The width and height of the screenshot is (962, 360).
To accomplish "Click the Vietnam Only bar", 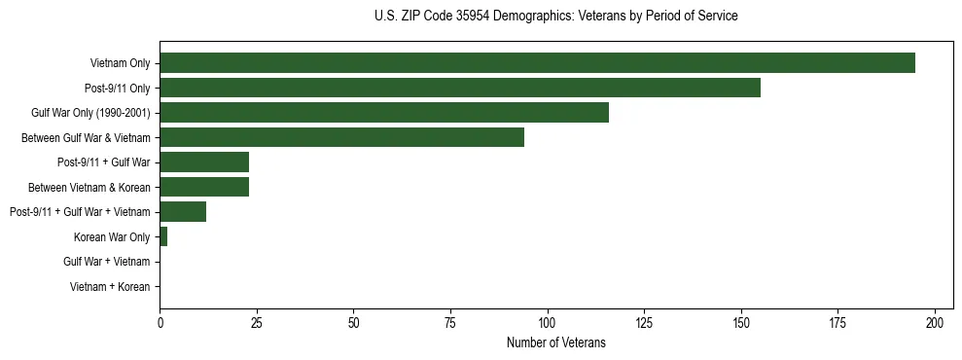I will click(537, 63).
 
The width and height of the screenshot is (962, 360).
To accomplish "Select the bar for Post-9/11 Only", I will click(459, 88).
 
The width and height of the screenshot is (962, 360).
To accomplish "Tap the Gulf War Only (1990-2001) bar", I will click(383, 113).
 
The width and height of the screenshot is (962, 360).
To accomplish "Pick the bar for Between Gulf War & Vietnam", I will click(341, 137).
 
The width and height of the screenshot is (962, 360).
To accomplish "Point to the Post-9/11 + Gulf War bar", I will click(204, 162).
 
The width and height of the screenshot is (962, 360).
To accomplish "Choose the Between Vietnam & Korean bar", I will click(204, 187).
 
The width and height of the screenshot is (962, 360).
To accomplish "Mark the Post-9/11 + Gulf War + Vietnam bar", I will click(183, 211).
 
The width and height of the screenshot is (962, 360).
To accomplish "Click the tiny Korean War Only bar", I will click(163, 236).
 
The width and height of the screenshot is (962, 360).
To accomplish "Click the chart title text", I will click(555, 17).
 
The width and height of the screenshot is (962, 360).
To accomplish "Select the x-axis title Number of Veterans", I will click(555, 342).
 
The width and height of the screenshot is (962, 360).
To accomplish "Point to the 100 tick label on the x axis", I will click(548, 322).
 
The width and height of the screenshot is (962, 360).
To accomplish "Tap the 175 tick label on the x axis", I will click(838, 322).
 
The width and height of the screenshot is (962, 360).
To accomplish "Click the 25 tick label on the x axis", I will click(257, 322).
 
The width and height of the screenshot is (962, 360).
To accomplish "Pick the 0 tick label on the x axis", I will click(160, 322).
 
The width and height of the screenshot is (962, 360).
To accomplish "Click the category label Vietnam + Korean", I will click(110, 287).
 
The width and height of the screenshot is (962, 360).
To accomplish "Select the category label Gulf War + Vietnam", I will click(107, 262).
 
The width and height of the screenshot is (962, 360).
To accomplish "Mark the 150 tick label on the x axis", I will click(741, 322).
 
